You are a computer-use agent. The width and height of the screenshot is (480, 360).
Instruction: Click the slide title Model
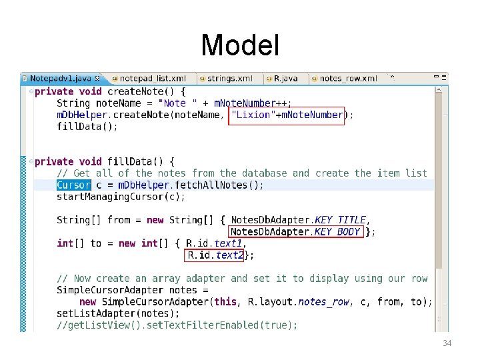pyautogui.click(x=240, y=45)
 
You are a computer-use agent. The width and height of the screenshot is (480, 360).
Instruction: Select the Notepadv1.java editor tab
pyautogui.click(x=60, y=79)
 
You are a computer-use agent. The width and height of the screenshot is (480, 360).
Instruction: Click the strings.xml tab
pyautogui.click(x=229, y=79)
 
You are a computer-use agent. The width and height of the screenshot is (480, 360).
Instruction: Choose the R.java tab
pyautogui.click(x=285, y=79)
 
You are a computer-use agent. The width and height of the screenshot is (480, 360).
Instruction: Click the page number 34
pyautogui.click(x=447, y=343)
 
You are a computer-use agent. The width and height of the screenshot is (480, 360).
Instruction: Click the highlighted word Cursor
pyautogui.click(x=73, y=185)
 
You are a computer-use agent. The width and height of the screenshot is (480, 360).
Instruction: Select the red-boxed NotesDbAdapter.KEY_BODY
pyautogui.click(x=295, y=231)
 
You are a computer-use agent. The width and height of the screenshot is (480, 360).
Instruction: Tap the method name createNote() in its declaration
pyautogui.click(x=143, y=91)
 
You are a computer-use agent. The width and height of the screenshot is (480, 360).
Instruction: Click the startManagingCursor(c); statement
pyautogui.click(x=121, y=197)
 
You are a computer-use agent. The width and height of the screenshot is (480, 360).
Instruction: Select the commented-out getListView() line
pyautogui.click(x=177, y=325)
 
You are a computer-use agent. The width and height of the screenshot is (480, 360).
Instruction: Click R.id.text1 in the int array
pyautogui.click(x=213, y=243)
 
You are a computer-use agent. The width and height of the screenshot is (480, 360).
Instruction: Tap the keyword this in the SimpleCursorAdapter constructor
pyautogui.click(x=225, y=301)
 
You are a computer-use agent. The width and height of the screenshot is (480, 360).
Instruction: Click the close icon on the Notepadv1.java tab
pyautogui.click(x=97, y=78)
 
